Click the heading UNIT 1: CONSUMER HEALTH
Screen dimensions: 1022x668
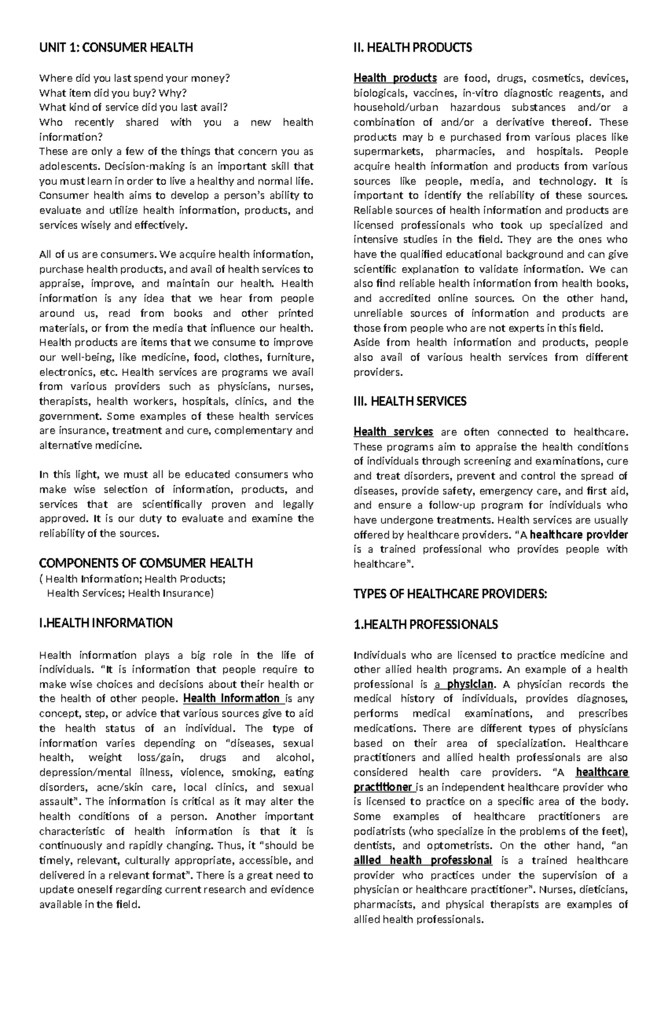(116, 48)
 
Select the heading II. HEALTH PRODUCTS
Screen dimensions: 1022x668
(412, 48)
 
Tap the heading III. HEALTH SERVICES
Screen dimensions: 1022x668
(410, 402)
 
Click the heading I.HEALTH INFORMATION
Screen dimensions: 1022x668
(106, 623)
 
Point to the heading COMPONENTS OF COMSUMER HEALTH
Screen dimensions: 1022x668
(146, 563)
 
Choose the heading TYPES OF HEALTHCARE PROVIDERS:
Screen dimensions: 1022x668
(450, 594)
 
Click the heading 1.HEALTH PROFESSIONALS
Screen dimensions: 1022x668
(425, 625)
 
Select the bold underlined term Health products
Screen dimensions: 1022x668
(395, 78)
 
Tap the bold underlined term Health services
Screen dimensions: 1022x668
(393, 432)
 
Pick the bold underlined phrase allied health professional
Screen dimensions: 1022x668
(423, 860)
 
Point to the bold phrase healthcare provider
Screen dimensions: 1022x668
(579, 535)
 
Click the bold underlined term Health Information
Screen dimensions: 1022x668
(231, 698)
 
